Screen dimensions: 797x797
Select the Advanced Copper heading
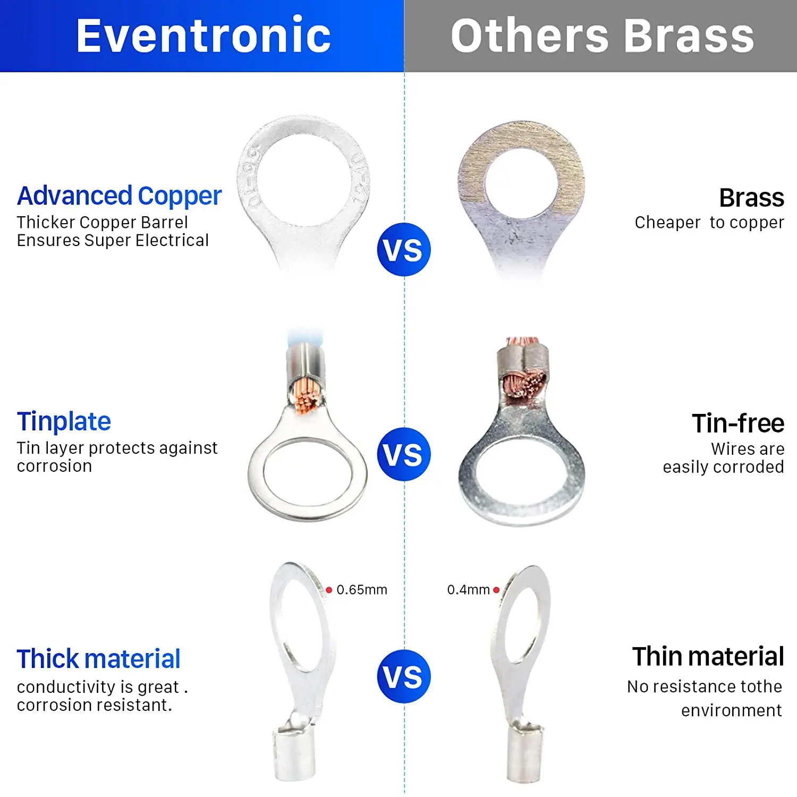119,196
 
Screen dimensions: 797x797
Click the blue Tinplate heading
64,421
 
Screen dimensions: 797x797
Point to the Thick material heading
98,659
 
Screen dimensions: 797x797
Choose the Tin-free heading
738,423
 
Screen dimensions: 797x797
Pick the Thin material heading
708,656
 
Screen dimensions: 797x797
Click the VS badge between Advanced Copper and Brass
404,250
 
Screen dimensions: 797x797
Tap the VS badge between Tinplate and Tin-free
404,454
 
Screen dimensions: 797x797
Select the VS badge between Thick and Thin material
404,676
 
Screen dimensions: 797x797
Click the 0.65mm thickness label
362,590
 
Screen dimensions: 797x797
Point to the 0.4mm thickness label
468,590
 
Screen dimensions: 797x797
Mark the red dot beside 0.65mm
329,590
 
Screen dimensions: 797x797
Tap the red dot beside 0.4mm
496,590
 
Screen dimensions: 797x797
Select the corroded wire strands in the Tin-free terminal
524,385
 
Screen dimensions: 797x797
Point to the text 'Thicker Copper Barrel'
102,222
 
